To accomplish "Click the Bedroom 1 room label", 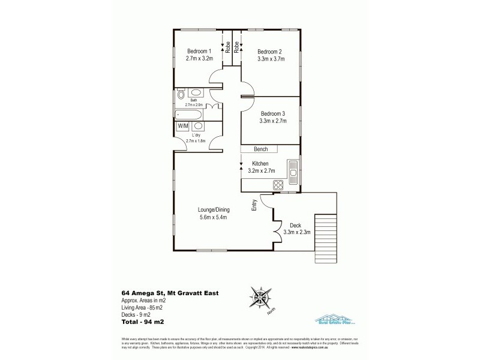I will pyautogui.click(x=199, y=50).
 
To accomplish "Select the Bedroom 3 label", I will pyautogui.click(x=273, y=113).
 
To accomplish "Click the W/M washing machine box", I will pyautogui.click(x=182, y=126).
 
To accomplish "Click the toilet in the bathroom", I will pyautogui.click(x=181, y=94).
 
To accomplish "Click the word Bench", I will pyautogui.click(x=261, y=149).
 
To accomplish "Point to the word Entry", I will pyautogui.click(x=255, y=205).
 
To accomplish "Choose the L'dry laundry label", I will pyautogui.click(x=196, y=135).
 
